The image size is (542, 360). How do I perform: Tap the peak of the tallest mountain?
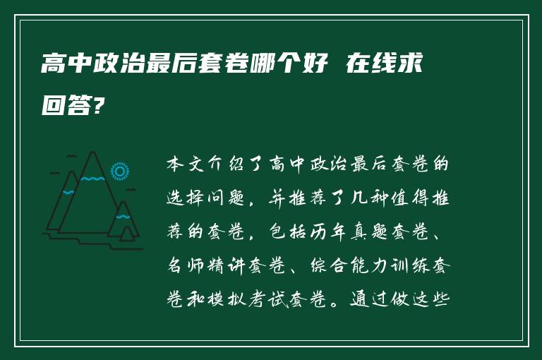pyautogui.click(x=91, y=152)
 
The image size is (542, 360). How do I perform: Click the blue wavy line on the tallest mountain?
pyautogui.click(x=91, y=179)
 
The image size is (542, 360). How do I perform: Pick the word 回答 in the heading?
pyautogui.click(x=66, y=107)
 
